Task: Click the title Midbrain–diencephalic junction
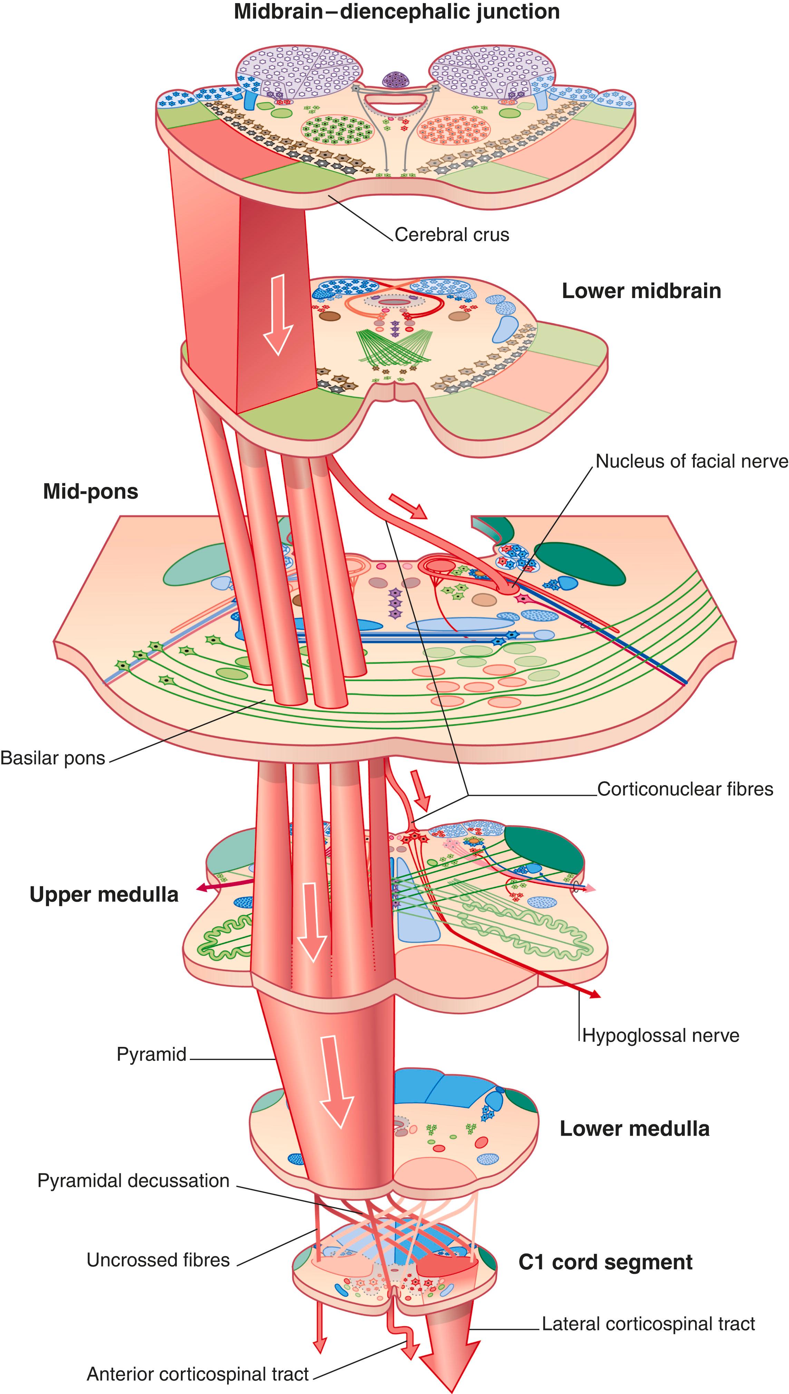[397, 12]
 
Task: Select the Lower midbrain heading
[641, 291]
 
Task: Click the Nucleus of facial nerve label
[691, 461]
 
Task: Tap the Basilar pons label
[52, 758]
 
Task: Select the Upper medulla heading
[104, 895]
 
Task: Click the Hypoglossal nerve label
[661, 1035]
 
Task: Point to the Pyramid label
[152, 1054]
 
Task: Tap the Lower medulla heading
[634, 1129]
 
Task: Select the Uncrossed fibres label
[158, 1260]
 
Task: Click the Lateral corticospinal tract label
[648, 1324]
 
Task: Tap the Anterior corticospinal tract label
[197, 1374]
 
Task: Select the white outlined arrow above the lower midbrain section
[277, 314]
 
